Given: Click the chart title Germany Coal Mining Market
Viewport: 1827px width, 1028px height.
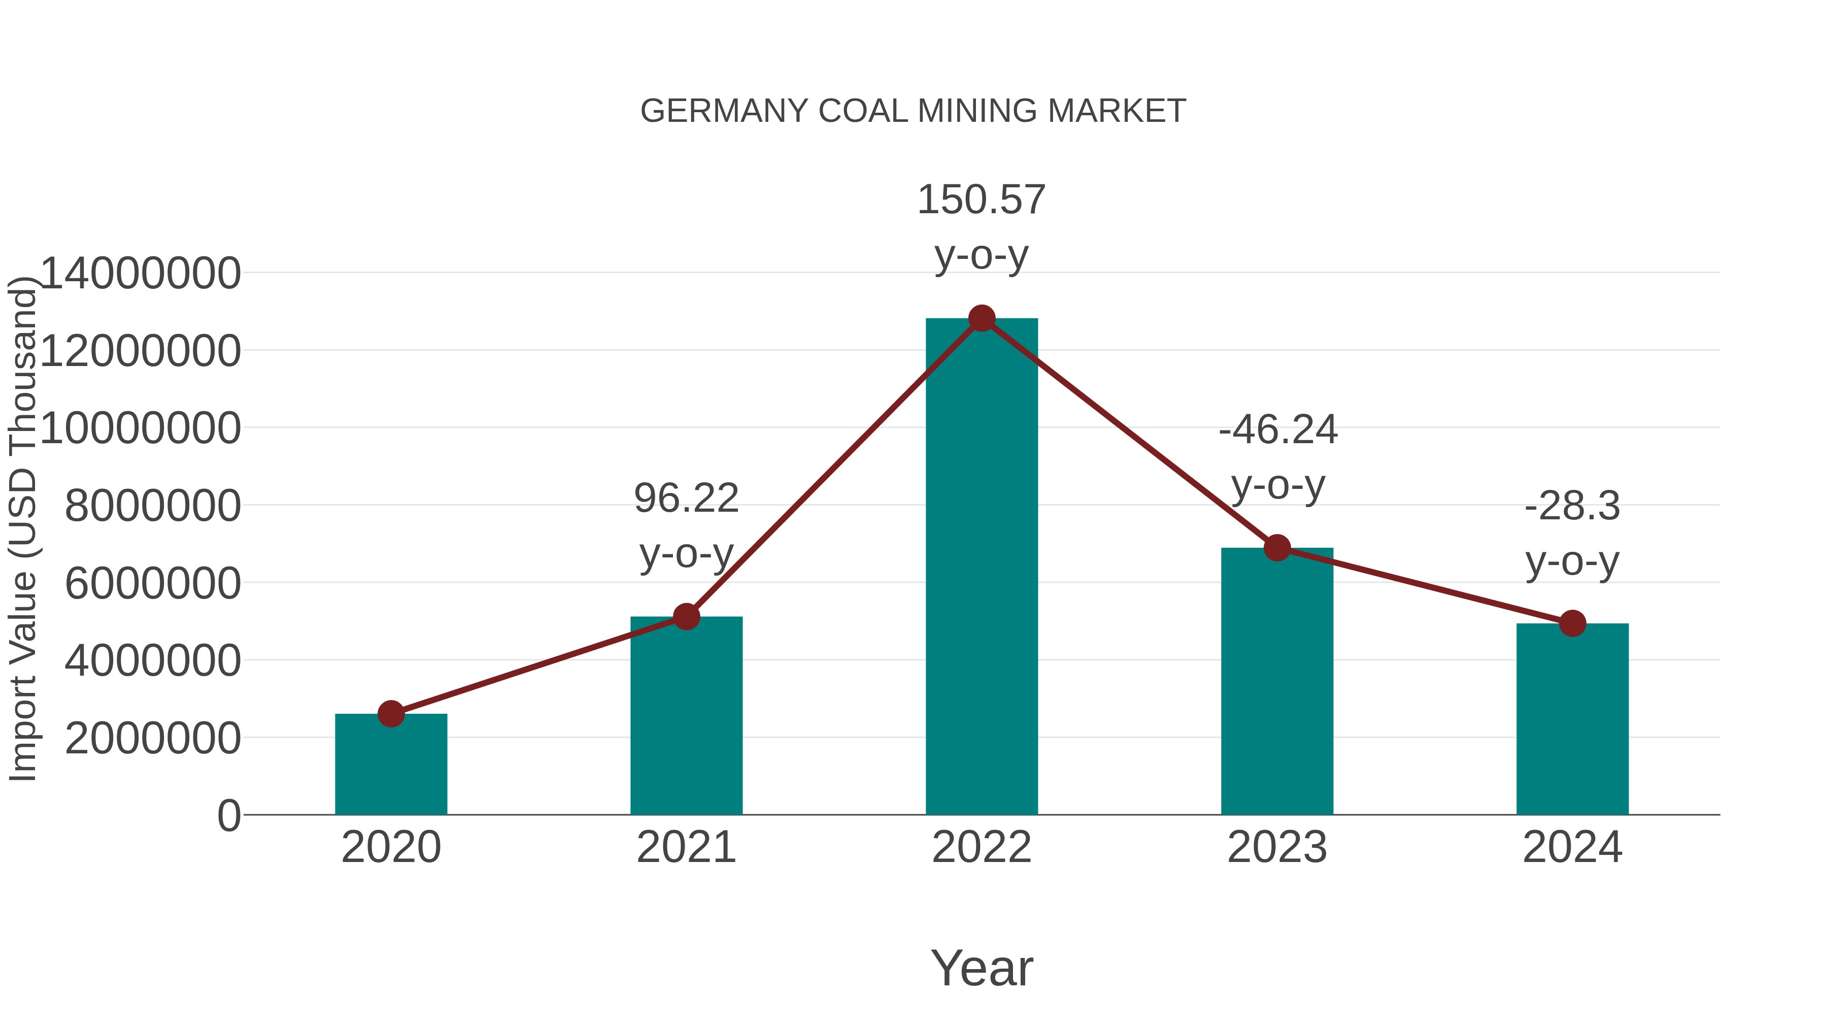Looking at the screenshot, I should pos(913,111).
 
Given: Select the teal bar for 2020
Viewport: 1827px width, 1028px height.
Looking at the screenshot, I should pos(391,766).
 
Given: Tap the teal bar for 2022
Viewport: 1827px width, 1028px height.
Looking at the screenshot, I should pos(981,568).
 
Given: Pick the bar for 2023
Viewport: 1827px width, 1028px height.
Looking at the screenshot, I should pos(1277,681).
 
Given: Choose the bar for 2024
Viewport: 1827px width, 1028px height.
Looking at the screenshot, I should pos(1572,720).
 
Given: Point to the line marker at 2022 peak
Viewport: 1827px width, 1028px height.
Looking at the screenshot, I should pos(982,318).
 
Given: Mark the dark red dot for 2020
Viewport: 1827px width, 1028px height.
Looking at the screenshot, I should pos(391,714).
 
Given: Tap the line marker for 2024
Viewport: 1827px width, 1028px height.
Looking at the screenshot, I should pos(1572,623).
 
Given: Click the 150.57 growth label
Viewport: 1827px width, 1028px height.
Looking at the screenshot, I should pos(981,200).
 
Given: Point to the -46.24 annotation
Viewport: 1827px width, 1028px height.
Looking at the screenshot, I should pos(1277,430).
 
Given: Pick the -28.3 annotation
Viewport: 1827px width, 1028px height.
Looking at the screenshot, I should pos(1572,507).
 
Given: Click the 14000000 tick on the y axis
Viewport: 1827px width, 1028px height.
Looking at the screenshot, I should pos(141,273).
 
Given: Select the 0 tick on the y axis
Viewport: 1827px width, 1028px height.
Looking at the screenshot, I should pos(228,815).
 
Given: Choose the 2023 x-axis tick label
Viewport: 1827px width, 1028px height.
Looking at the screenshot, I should pos(1277,847).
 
